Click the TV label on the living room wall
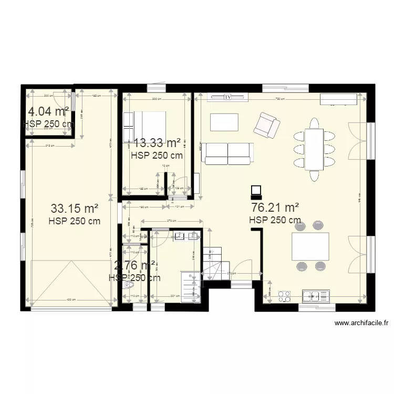coord(227,97)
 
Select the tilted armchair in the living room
coord(266,125)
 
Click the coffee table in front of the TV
coord(224,122)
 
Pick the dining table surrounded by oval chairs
coord(314,149)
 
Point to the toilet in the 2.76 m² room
coord(129,286)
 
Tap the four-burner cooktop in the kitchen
coord(285,297)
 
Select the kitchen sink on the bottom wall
coord(316,296)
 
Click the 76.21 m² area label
coord(275,207)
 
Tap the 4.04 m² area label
coord(48,111)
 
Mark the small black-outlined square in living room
coord(255,190)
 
